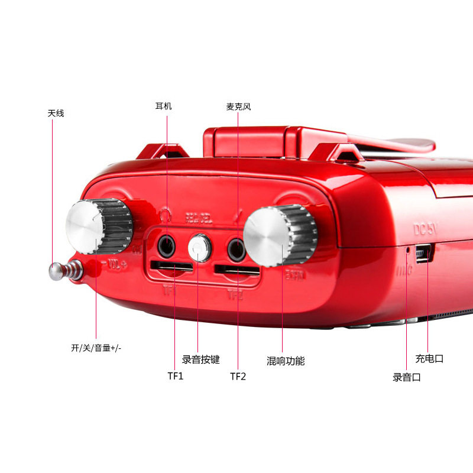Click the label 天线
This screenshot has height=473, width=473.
point(56,113)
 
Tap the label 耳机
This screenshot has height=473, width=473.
point(163,106)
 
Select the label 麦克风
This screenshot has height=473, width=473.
point(238,107)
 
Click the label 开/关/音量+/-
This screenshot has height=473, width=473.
point(96,348)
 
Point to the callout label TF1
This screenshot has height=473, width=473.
point(176,376)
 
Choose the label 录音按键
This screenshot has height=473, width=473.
point(200,359)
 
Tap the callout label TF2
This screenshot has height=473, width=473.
point(238,376)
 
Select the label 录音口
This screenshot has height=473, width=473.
point(407,377)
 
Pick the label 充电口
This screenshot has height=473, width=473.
point(429,359)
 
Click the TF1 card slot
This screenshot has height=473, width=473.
point(171,267)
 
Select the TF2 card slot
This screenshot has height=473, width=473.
point(237,271)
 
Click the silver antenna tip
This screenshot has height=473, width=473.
point(56,271)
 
